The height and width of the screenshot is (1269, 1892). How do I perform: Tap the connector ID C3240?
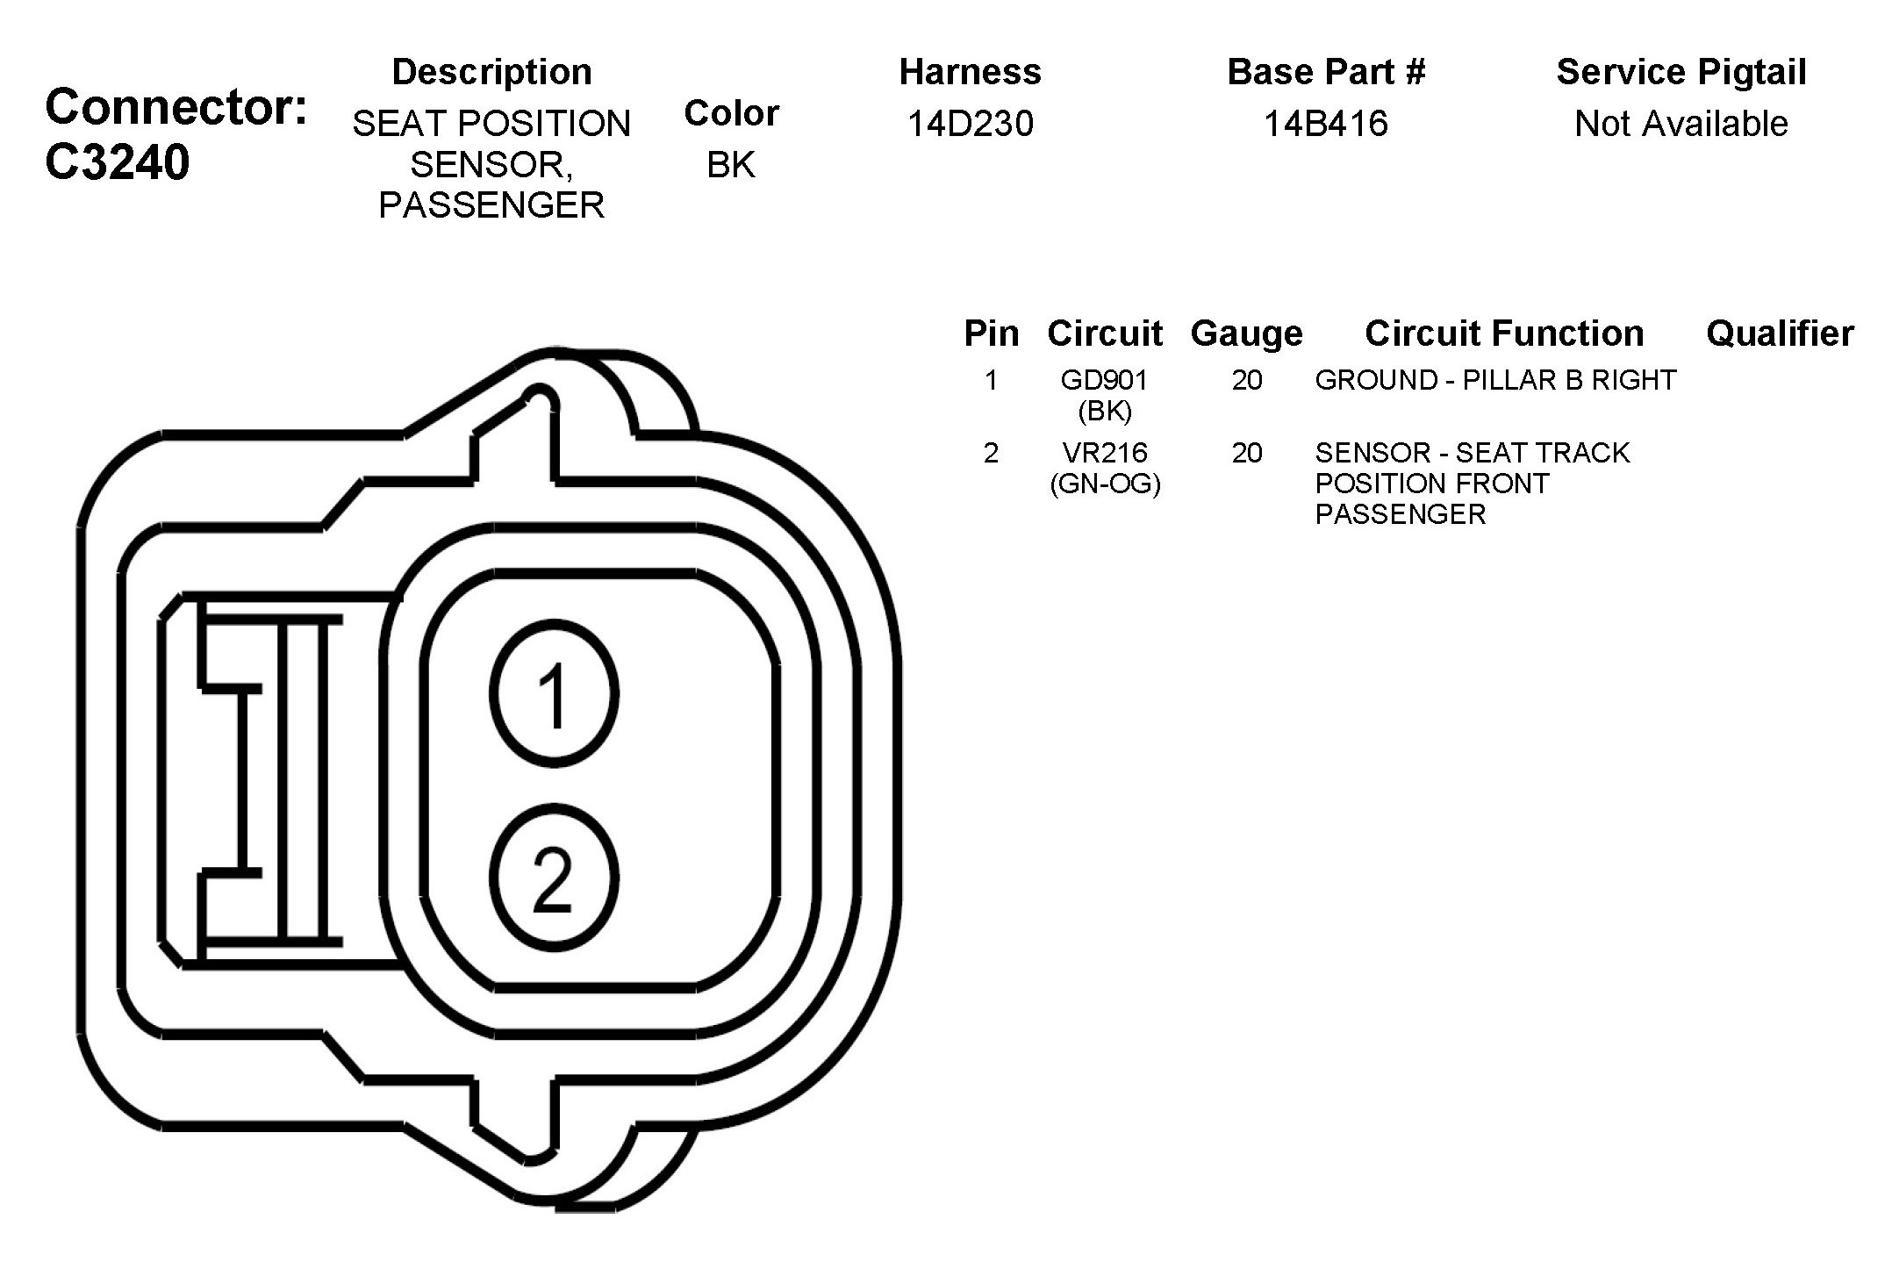[x=117, y=162]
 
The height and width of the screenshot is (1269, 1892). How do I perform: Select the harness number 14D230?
[x=971, y=124]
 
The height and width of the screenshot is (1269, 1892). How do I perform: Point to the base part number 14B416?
[x=1326, y=124]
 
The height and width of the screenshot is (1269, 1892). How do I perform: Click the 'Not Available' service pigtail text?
[x=1681, y=124]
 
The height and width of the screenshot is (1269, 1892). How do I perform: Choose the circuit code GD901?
[x=1104, y=380]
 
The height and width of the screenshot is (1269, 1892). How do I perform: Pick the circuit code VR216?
[x=1105, y=453]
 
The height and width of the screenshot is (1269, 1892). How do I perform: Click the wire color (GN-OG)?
[x=1105, y=484]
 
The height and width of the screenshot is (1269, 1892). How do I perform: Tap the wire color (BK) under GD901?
[x=1105, y=411]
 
